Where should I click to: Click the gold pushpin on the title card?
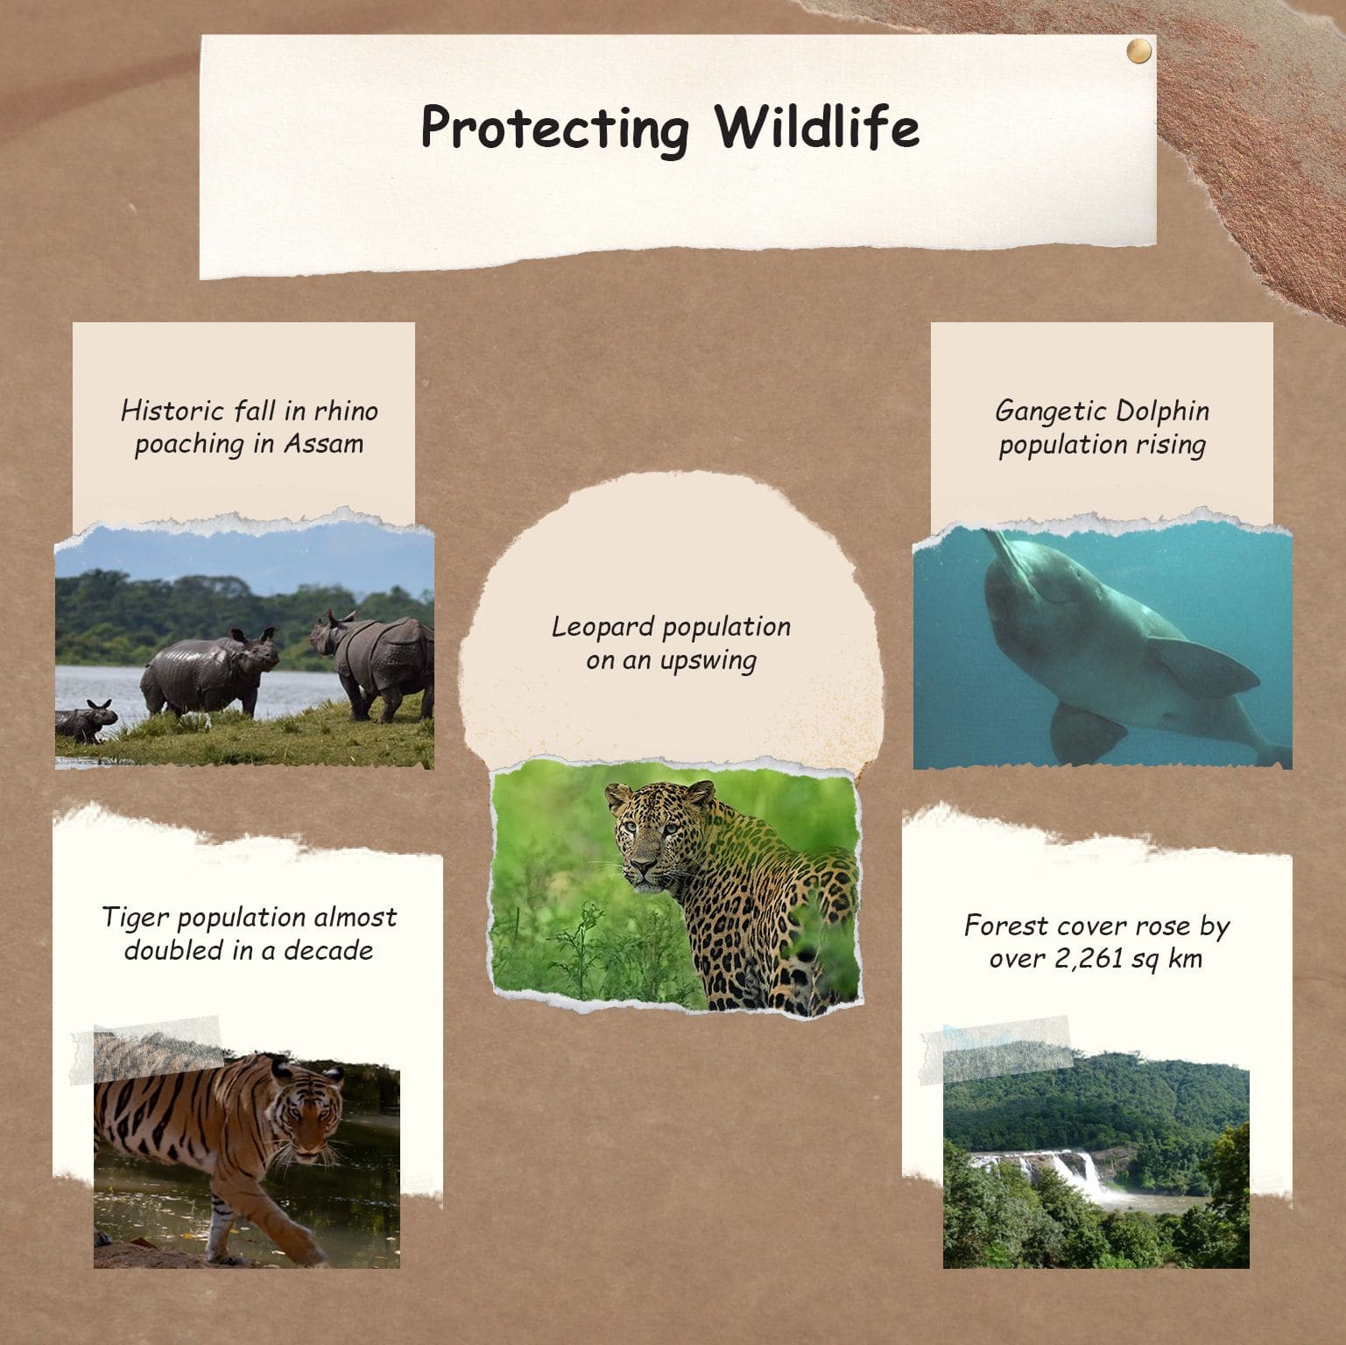(x=1138, y=52)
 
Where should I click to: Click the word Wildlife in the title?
(x=817, y=127)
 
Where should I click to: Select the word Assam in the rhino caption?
(x=323, y=443)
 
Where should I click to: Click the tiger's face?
(x=306, y=1112)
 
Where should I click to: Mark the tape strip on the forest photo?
(x=996, y=1051)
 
